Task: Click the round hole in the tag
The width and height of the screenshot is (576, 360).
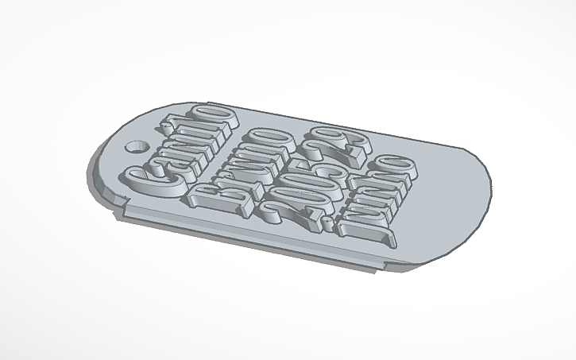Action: click(x=140, y=148)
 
